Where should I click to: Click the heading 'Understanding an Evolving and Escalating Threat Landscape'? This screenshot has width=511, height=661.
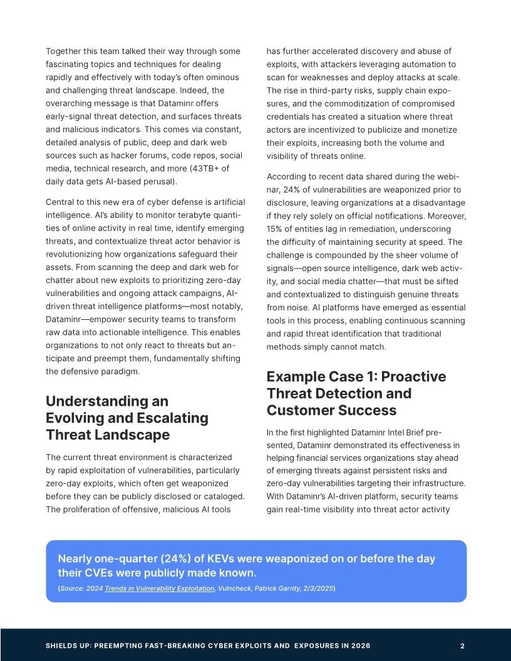click(x=127, y=418)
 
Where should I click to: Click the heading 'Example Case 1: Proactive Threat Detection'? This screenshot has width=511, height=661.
click(x=356, y=393)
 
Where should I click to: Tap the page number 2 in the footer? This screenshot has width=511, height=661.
click(x=462, y=645)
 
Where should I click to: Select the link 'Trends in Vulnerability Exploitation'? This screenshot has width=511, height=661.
click(x=159, y=588)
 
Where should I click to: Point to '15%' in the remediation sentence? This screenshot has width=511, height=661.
click(x=275, y=228)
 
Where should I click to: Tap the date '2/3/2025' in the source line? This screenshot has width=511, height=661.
click(x=317, y=588)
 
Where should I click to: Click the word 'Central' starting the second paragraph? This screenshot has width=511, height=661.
click(x=61, y=202)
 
